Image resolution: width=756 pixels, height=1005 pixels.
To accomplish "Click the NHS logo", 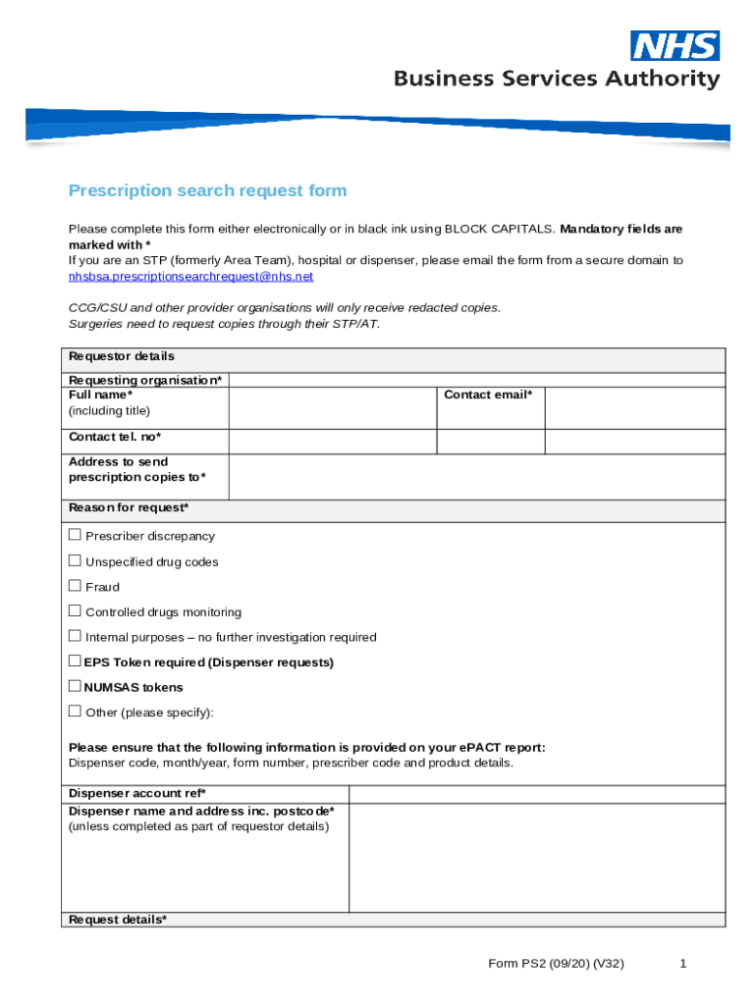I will point(675,46).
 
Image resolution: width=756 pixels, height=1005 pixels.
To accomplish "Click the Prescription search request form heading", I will point(207,190).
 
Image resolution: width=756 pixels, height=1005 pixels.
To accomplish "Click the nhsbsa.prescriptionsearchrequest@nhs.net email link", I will point(190,277).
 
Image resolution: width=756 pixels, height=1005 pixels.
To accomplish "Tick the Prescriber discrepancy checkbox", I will point(75,535).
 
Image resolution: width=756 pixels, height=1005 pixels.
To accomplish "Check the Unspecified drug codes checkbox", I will point(75,560).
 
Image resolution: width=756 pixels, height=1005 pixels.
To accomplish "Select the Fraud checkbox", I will point(75,586).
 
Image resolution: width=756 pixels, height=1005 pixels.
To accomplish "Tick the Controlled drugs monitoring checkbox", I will point(75,610).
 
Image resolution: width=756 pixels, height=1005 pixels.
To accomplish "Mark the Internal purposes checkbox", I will point(75,636).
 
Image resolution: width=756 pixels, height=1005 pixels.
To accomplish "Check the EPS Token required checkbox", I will point(75,661).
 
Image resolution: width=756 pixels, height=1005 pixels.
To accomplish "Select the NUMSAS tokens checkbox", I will point(75,687).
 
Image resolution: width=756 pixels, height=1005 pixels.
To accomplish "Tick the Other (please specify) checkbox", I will point(75,712).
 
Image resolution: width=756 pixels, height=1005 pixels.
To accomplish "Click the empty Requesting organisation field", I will point(476,380).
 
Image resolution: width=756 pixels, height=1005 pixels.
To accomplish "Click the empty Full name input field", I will point(332,407).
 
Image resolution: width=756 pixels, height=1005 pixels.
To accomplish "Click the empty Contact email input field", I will point(634,407).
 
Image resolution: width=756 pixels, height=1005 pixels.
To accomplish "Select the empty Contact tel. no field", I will point(332,442).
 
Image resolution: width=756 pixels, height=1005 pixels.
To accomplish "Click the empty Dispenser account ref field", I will point(536,794).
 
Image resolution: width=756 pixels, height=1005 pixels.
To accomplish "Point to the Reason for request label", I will point(128,508).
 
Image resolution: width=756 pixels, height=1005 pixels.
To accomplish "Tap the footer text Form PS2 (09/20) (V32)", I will point(556,964).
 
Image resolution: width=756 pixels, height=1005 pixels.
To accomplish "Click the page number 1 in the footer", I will point(682,964).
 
